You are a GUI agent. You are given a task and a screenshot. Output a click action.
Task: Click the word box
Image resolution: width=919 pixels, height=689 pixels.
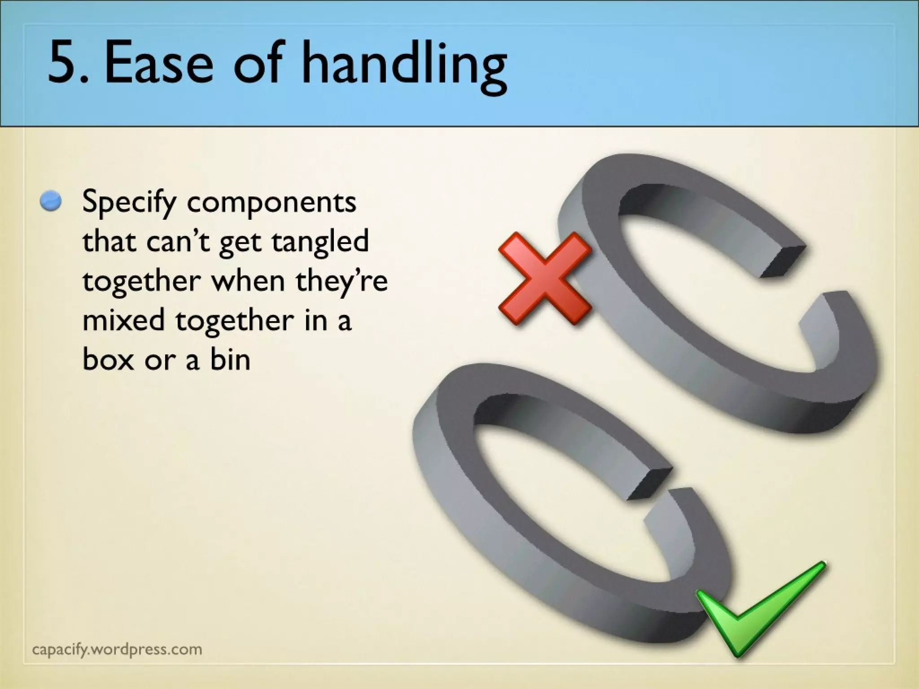coord(108,359)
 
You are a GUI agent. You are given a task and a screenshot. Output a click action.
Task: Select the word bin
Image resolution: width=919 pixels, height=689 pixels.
coord(230,359)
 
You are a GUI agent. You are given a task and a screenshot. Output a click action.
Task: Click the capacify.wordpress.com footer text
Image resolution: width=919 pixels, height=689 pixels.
coord(118,649)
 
